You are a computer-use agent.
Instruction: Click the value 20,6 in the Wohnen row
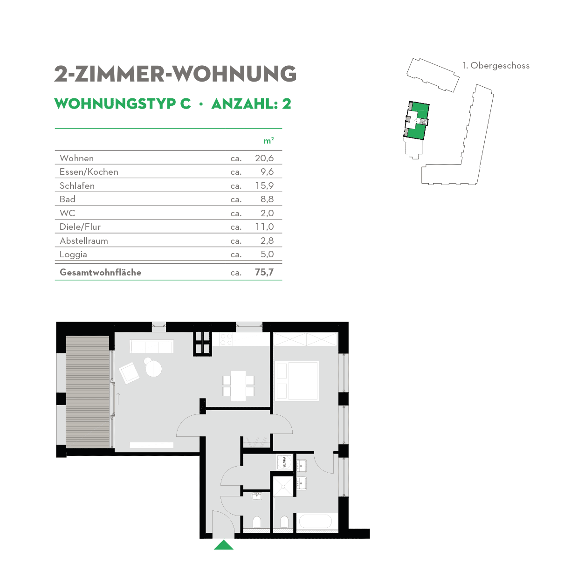264,158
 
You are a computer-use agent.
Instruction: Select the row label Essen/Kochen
89,172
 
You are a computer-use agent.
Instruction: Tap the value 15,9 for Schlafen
264,186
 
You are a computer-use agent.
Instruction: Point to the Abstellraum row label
84,241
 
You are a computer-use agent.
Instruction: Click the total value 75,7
264,272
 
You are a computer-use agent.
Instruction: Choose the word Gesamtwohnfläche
100,273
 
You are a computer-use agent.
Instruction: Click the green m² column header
268,141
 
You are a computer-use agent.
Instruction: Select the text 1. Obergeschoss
496,66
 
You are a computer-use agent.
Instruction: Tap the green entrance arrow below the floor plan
224,545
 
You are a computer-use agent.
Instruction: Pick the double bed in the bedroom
297,380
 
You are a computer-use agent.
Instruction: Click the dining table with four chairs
238,385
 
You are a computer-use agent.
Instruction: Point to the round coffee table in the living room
153,369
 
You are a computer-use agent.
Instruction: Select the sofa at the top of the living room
151,346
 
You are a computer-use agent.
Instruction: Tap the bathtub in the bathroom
315,521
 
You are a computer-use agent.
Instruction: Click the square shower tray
283,486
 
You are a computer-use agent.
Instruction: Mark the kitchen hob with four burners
226,339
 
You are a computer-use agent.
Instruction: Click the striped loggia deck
88,392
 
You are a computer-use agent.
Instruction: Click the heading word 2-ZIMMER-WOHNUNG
175,74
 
